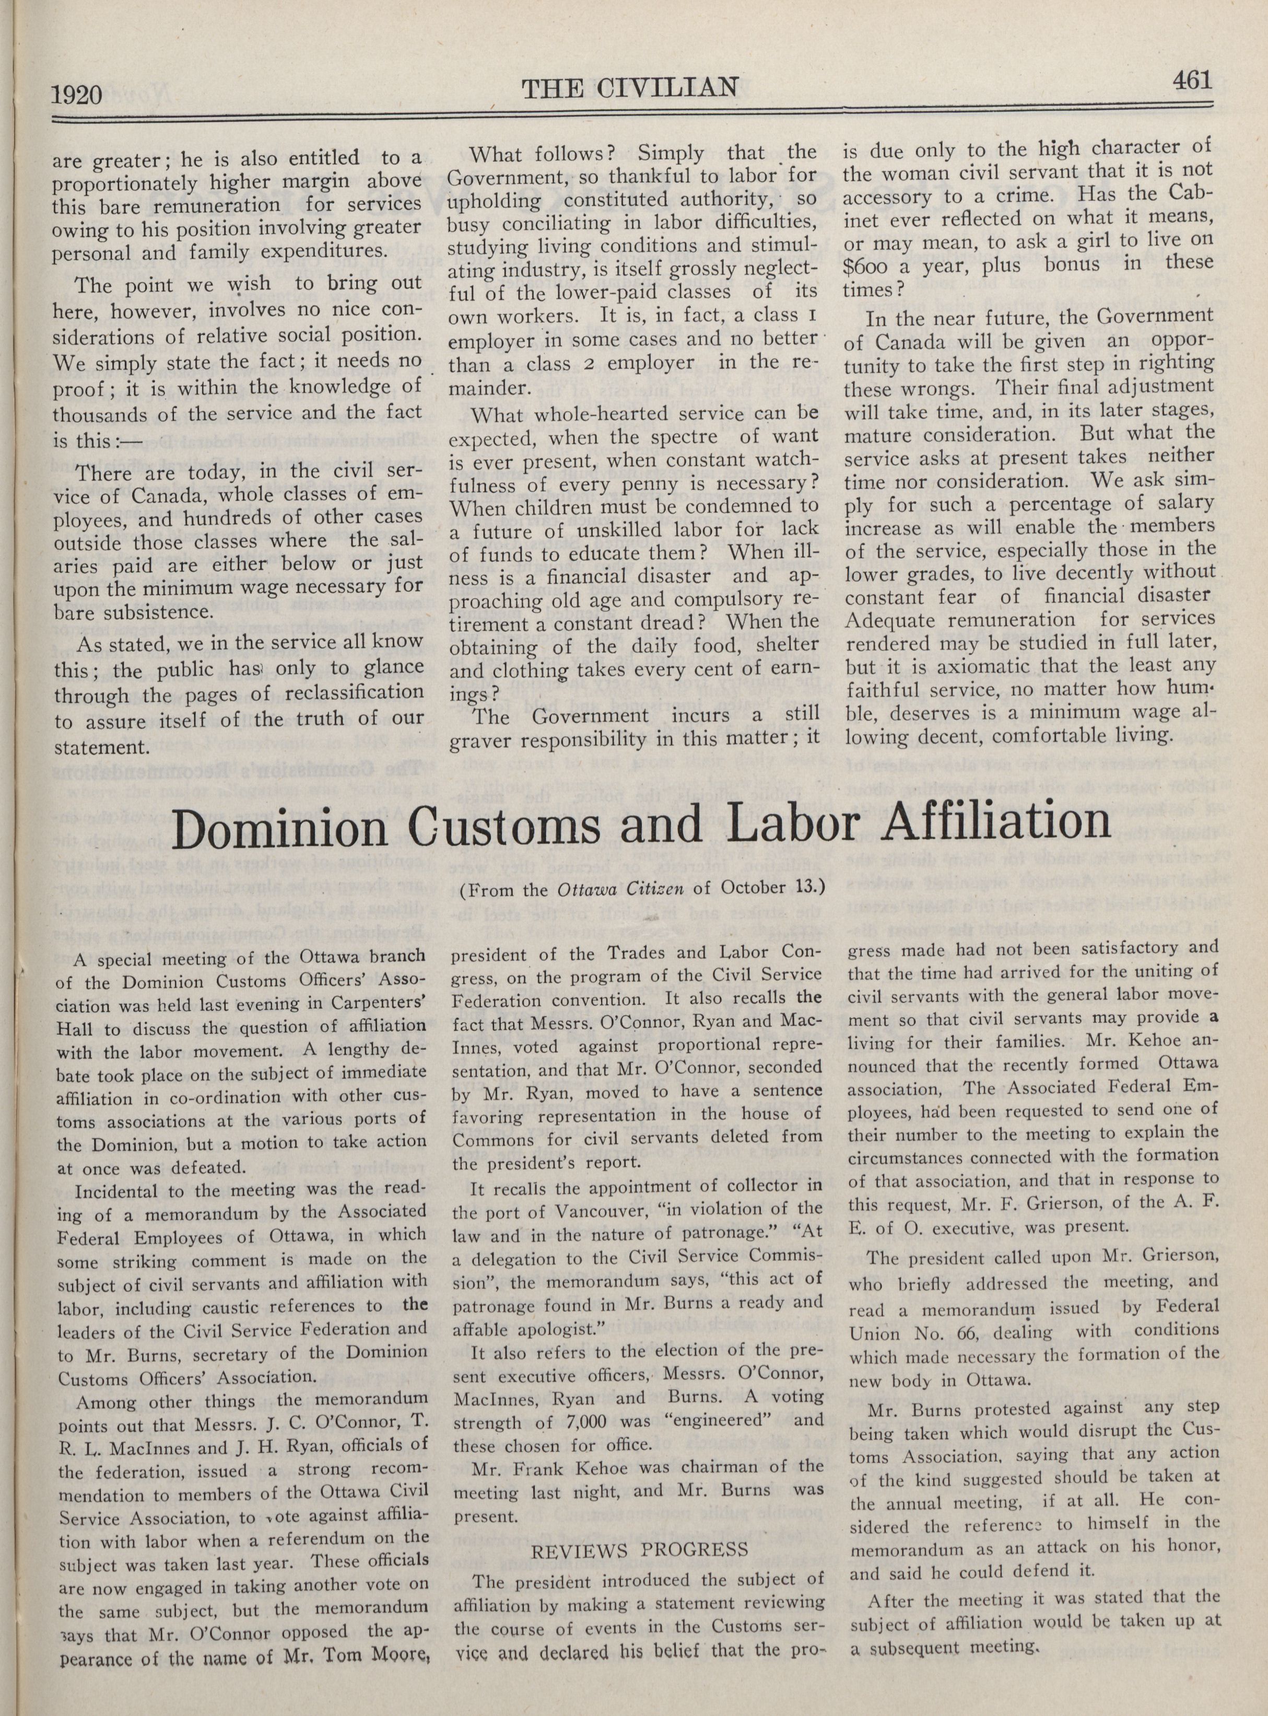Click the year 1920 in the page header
[77, 95]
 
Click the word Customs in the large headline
[521, 826]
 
